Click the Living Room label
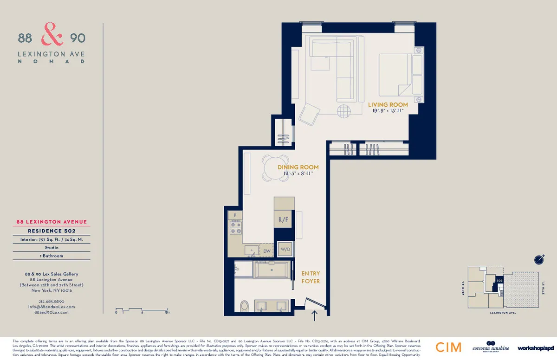coord(388,105)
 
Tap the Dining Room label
coord(298,167)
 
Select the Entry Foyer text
coord(311,277)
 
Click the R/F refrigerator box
coord(284,220)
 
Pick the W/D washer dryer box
coord(285,250)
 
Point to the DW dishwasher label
coord(266,251)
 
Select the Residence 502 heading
coord(52,231)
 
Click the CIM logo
coord(448,347)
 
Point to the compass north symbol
coord(538,259)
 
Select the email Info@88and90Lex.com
coord(51,307)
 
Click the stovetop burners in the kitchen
coord(235,227)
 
